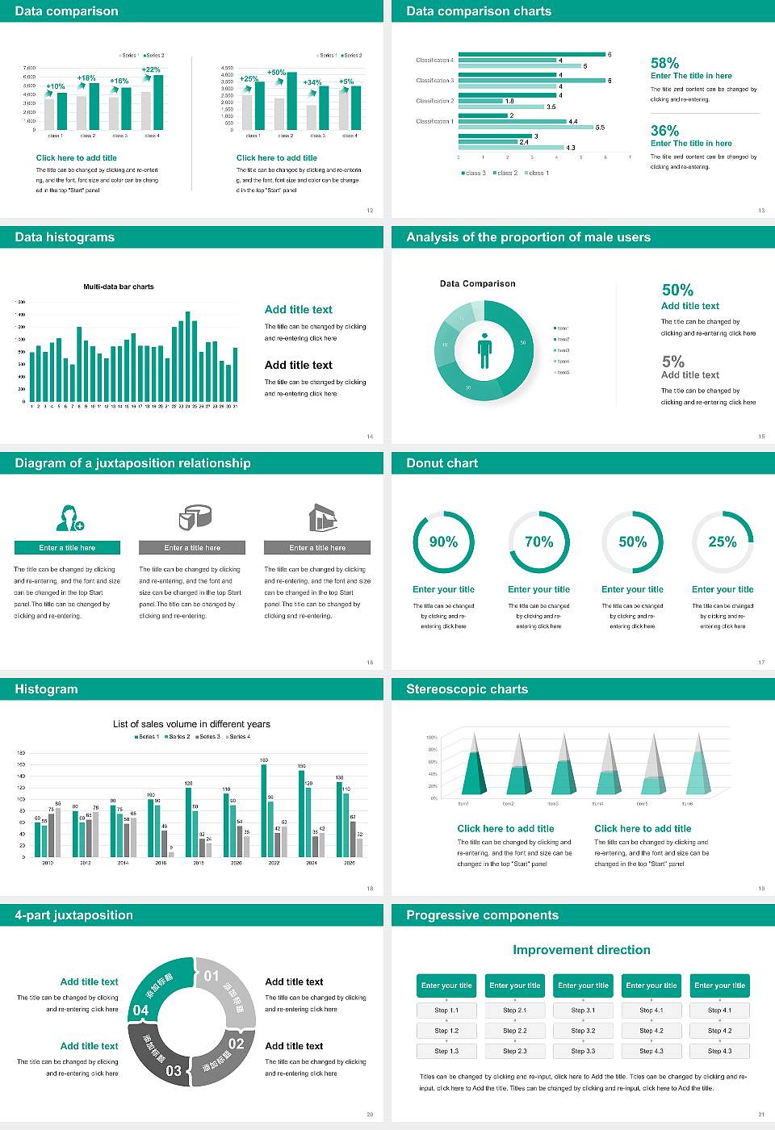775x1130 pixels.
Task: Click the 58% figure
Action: point(664,63)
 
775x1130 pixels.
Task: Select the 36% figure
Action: point(664,131)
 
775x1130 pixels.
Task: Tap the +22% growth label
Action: point(151,70)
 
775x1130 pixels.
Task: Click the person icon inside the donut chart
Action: point(484,350)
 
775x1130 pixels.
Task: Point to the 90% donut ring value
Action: point(443,542)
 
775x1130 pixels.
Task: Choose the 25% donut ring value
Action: point(723,542)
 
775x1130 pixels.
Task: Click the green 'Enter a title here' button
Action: point(68,548)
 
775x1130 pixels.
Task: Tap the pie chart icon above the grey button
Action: point(194,517)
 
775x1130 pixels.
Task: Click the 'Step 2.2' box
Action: point(515,1031)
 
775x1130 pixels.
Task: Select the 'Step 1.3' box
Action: point(446,1051)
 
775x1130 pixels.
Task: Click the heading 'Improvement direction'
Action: point(581,950)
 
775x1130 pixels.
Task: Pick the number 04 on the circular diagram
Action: point(140,1011)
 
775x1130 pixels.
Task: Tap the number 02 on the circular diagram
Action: point(236,1044)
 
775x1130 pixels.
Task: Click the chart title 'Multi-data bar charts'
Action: point(119,287)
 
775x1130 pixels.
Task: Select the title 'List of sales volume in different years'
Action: point(191,724)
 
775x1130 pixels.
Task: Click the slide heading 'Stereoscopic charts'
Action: point(467,689)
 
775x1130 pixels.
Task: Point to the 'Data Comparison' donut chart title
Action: point(478,284)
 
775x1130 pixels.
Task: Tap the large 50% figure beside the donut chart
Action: point(677,290)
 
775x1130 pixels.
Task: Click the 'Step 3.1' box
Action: point(583,1011)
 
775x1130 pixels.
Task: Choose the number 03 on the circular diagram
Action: point(174,1071)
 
